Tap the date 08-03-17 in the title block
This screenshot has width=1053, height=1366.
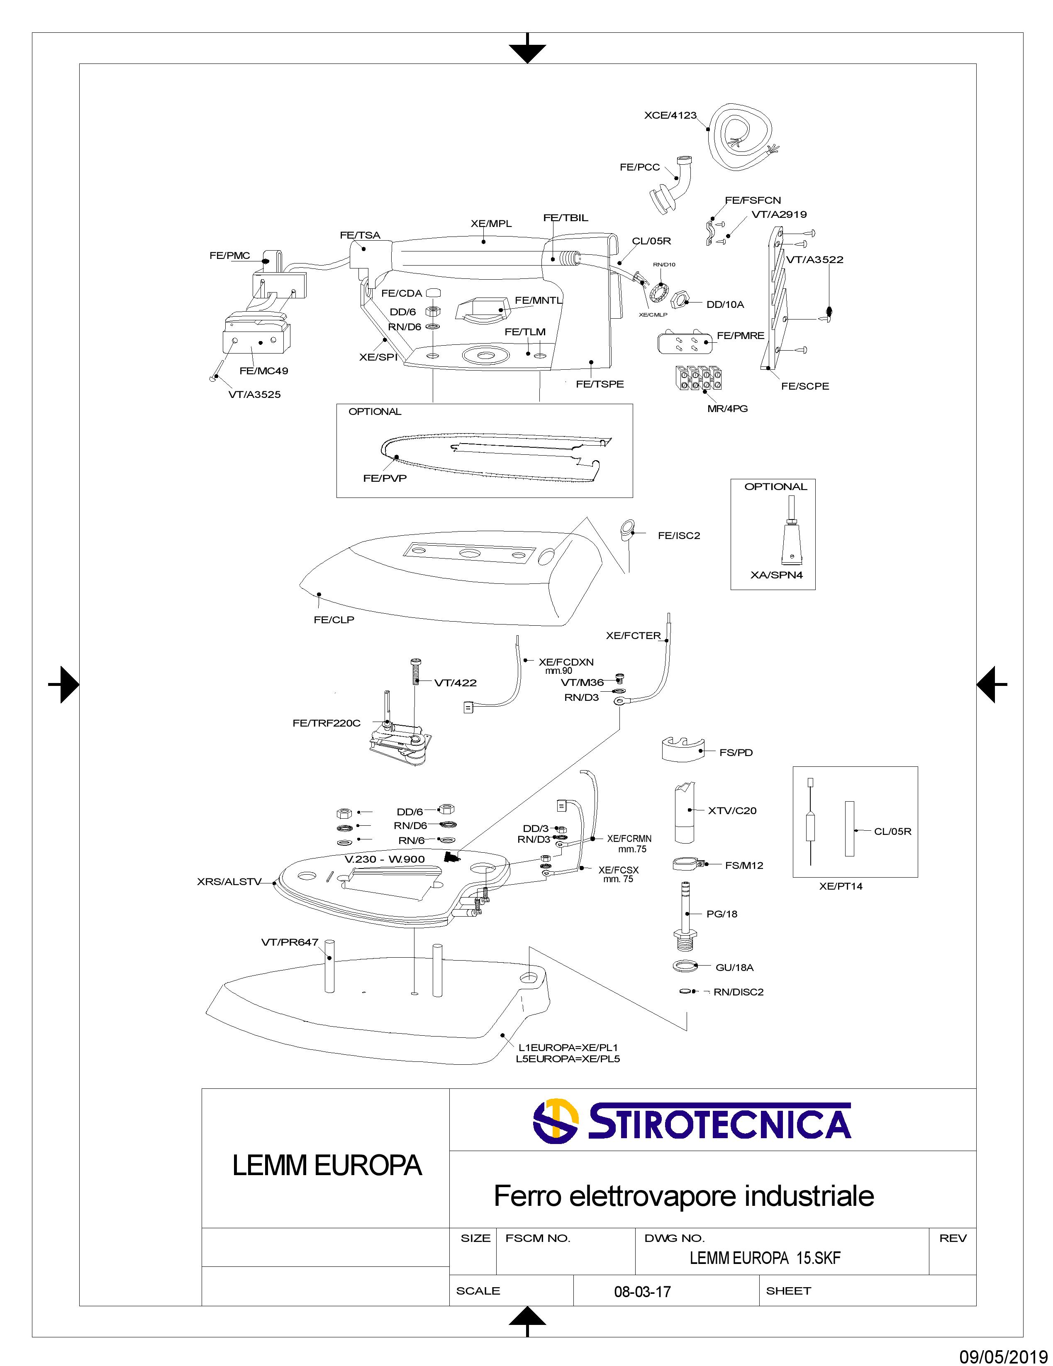[642, 1292]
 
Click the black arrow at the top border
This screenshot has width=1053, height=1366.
[527, 51]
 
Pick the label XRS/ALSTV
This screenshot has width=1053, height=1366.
[229, 882]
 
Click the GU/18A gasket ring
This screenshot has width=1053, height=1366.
[685, 966]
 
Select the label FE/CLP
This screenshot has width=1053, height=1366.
[334, 620]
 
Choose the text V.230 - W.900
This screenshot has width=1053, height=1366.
[385, 859]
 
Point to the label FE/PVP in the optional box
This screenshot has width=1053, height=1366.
[385, 478]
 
